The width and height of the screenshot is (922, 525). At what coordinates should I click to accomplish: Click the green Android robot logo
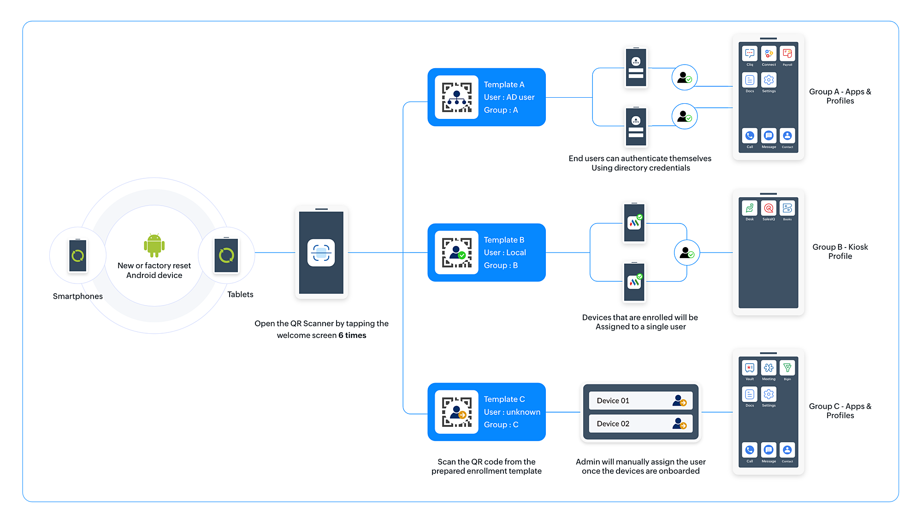(x=154, y=245)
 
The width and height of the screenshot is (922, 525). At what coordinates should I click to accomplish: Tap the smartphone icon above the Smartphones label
(x=78, y=255)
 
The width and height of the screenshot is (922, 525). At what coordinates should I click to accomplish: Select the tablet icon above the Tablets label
(x=226, y=255)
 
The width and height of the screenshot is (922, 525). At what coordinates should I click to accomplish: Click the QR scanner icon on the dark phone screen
(x=321, y=253)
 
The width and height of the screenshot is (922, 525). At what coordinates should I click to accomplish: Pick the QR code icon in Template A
(x=456, y=97)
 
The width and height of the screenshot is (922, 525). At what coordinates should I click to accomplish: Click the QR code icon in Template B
(x=456, y=253)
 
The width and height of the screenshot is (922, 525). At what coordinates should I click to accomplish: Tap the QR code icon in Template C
(x=456, y=412)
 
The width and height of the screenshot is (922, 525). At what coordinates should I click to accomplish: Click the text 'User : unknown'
(x=512, y=412)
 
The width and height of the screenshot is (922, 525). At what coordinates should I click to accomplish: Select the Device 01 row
(x=641, y=401)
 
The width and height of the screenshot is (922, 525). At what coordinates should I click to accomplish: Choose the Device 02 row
(x=641, y=424)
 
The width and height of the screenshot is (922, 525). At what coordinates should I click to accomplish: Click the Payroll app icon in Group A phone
(x=787, y=54)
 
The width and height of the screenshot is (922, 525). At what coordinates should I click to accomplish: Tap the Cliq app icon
(x=750, y=54)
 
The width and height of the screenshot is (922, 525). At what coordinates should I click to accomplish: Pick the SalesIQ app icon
(x=768, y=208)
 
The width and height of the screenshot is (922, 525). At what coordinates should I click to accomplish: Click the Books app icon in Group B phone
(x=787, y=208)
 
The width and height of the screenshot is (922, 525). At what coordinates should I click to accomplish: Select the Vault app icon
(x=750, y=368)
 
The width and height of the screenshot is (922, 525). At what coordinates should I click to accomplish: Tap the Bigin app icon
(x=787, y=368)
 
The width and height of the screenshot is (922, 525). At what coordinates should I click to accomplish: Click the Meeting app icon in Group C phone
(x=768, y=368)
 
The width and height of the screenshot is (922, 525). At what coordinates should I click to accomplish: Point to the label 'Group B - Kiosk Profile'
(x=840, y=252)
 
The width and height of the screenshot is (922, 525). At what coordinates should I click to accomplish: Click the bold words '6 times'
(x=352, y=336)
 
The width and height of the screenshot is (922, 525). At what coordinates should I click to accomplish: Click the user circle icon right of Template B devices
(x=687, y=253)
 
